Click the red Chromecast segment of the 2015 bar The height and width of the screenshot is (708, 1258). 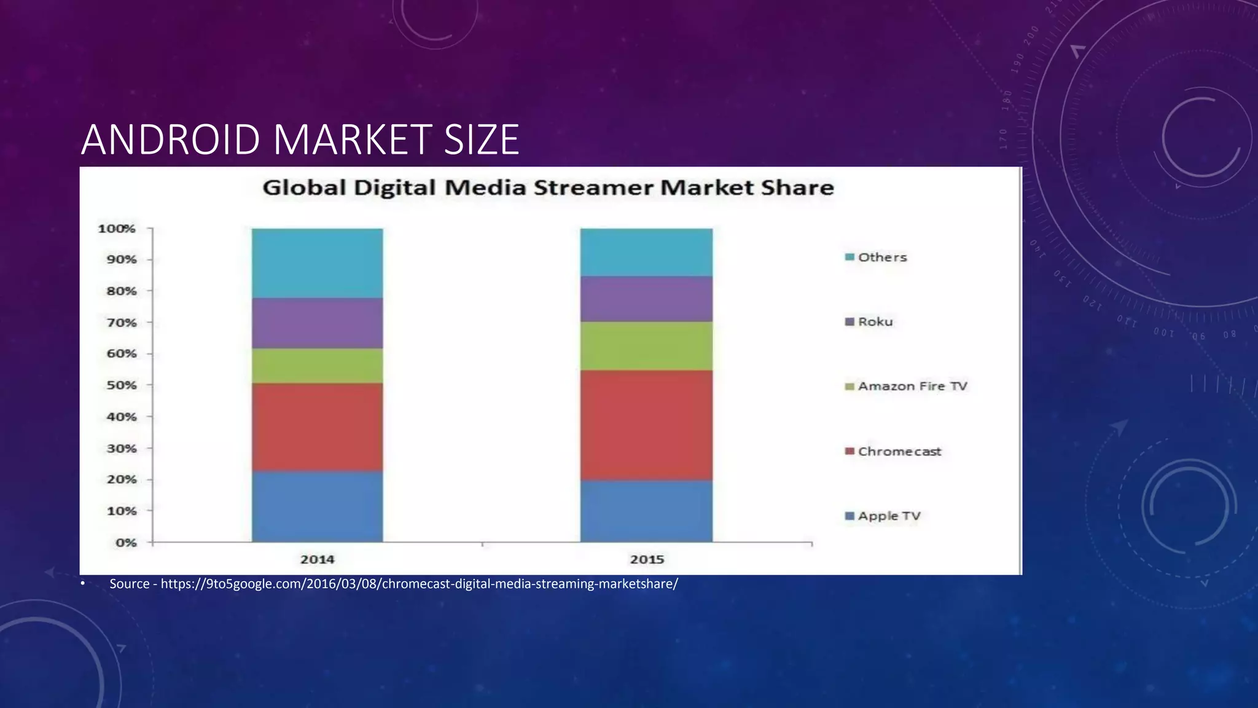click(x=646, y=425)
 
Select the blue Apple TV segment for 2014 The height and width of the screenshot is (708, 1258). click(x=317, y=506)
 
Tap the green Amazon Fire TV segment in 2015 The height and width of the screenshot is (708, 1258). click(x=646, y=346)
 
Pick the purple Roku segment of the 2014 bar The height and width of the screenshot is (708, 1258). click(x=317, y=323)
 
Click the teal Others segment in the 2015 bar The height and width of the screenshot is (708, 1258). click(x=646, y=253)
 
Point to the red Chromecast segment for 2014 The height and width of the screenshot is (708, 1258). click(x=317, y=427)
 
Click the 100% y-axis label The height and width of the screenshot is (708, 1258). click(x=117, y=229)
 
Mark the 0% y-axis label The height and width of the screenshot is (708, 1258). click(x=126, y=543)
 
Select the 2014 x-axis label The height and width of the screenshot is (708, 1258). click(x=317, y=559)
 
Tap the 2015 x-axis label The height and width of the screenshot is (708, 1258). click(x=647, y=559)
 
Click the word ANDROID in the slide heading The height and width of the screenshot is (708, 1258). click(x=171, y=140)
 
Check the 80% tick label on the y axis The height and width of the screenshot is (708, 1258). click(x=122, y=291)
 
